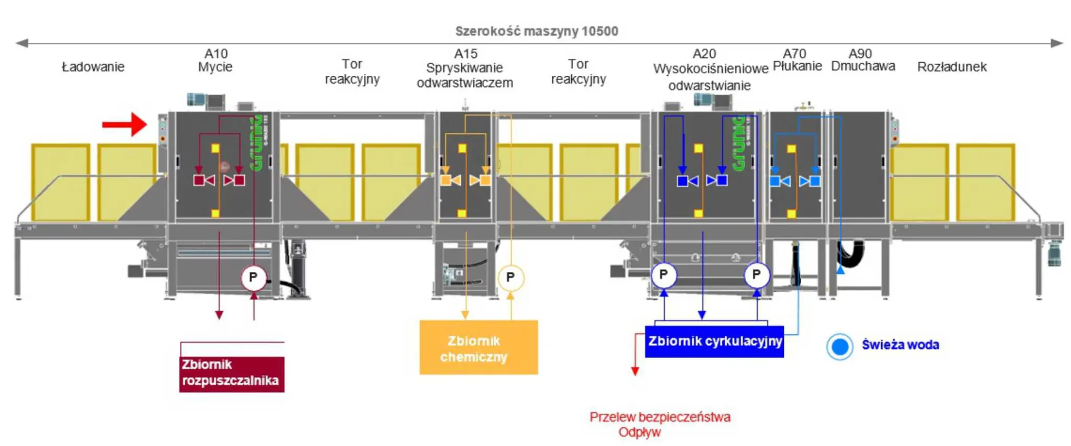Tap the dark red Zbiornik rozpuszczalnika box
(x=232, y=373)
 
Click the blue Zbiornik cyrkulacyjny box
(x=714, y=341)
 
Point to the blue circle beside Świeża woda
(x=839, y=346)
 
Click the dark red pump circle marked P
(x=254, y=277)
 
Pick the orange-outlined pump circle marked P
(x=510, y=277)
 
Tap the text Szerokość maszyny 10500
(x=537, y=31)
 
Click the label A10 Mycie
(x=215, y=60)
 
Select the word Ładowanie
(x=93, y=67)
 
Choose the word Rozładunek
(x=952, y=67)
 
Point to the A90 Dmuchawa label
(x=862, y=60)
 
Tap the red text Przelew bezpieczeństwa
(x=659, y=417)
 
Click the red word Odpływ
(x=639, y=432)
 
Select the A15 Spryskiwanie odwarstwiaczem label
(x=465, y=68)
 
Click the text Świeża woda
(x=900, y=345)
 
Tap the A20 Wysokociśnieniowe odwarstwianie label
(x=710, y=70)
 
